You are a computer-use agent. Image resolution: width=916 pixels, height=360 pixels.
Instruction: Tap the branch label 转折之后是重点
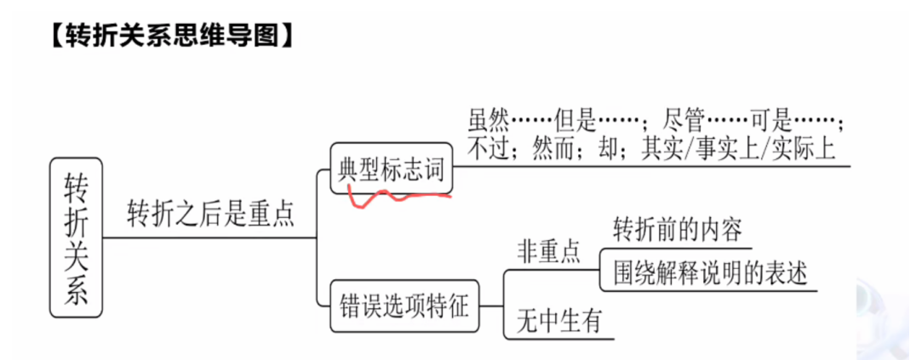[210, 214]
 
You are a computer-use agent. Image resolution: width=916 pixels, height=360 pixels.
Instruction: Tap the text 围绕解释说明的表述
[710, 275]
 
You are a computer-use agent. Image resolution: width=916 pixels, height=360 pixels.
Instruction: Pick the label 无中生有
[558, 321]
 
